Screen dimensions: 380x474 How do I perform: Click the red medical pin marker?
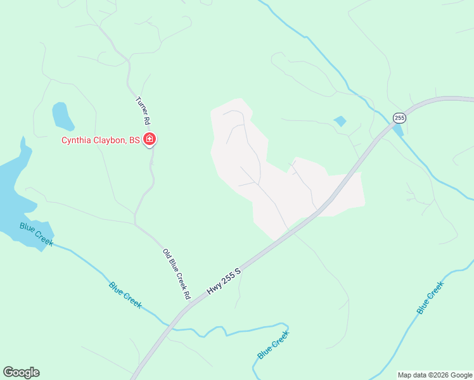[x=150, y=139]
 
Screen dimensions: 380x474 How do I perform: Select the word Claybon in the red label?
[x=111, y=141]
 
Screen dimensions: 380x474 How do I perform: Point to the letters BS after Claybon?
[x=134, y=141]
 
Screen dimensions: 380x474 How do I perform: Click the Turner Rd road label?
[x=143, y=110]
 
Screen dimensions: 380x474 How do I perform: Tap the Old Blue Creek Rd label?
[x=177, y=274]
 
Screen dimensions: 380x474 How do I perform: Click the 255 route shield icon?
[x=399, y=118]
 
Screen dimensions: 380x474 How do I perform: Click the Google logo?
[x=21, y=372]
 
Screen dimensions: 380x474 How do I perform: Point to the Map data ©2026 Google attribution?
[x=434, y=375]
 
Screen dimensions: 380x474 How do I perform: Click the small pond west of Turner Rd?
[x=61, y=115]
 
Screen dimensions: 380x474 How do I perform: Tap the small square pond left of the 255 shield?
[x=340, y=121]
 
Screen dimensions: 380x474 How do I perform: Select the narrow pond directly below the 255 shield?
[x=398, y=130]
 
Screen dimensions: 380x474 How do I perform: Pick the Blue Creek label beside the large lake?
[x=36, y=234]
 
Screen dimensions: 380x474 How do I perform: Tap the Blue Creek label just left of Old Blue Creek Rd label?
[x=125, y=294]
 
